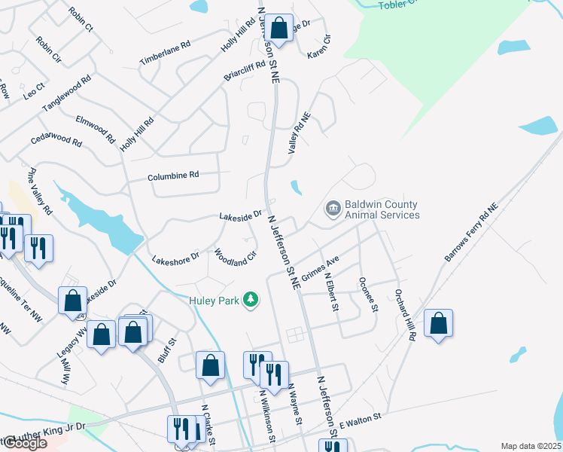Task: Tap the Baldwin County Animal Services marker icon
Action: click(333, 209)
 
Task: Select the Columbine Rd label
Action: click(173, 175)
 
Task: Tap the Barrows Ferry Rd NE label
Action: click(471, 232)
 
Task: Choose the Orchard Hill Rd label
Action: click(403, 315)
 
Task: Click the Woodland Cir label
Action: click(236, 258)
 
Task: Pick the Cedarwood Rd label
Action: click(56, 140)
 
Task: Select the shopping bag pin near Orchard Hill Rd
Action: click(438, 325)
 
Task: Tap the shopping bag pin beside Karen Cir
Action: click(278, 29)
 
